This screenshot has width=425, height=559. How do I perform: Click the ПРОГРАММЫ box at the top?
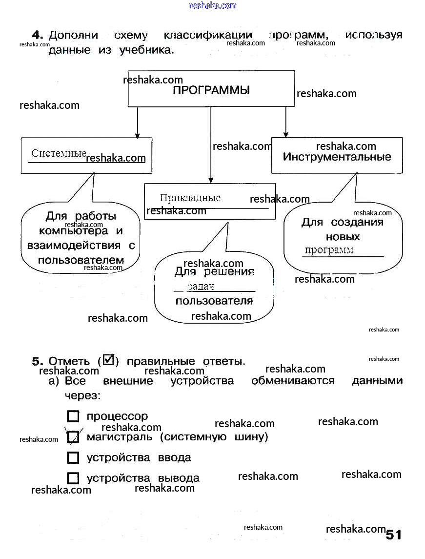[x=211, y=90]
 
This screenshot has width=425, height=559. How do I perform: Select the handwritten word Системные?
[x=59, y=153]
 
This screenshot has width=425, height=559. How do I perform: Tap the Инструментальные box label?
[x=337, y=157]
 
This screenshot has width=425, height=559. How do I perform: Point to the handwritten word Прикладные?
[x=190, y=198]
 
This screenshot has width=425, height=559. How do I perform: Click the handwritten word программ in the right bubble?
[x=329, y=250]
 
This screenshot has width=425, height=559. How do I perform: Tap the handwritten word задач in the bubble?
[x=201, y=287]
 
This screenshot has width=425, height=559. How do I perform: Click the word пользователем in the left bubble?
[x=81, y=260]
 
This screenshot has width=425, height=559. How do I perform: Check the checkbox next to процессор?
[x=73, y=416]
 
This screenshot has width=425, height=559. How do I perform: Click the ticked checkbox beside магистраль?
[x=73, y=437]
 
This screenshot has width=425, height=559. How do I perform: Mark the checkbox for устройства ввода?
[x=73, y=458]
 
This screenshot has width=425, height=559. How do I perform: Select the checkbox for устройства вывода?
[x=73, y=478]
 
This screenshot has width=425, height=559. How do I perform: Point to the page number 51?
[x=393, y=535]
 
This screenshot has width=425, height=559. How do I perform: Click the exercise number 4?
[x=38, y=35]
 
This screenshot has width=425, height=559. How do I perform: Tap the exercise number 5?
[x=38, y=361]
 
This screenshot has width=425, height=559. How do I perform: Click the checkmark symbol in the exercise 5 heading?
[x=109, y=360]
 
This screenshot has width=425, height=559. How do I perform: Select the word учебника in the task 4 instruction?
[x=146, y=50]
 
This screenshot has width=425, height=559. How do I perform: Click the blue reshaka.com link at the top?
[x=213, y=5]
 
